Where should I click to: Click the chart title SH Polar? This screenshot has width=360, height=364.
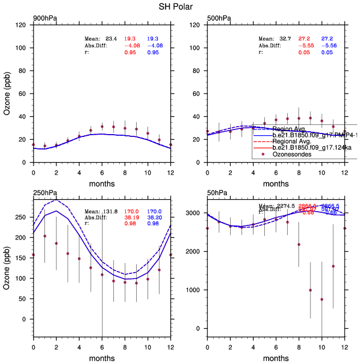[x=179, y=7]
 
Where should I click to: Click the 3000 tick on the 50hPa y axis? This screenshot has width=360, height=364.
[x=194, y=213]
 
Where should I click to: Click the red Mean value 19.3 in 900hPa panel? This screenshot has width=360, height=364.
[x=132, y=38]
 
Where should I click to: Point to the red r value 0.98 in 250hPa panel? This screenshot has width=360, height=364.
[x=132, y=224]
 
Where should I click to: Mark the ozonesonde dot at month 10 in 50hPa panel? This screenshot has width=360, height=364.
[x=322, y=300]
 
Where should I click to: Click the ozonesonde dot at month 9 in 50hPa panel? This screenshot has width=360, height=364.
[x=310, y=290]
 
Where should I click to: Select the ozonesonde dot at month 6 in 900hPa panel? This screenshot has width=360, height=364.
[x=102, y=127]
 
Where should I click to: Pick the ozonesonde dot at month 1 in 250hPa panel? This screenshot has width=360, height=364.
[x=44, y=236]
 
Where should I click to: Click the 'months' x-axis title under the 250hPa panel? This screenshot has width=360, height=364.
[x=102, y=358]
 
